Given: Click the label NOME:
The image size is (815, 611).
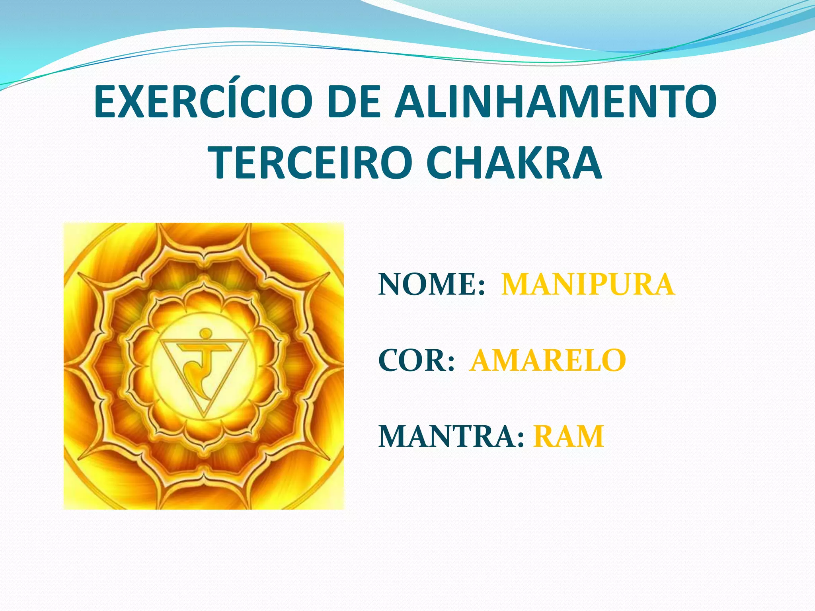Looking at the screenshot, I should click(x=432, y=285).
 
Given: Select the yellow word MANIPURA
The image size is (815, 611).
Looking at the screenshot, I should click(x=588, y=285).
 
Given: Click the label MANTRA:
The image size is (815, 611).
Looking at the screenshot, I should click(x=451, y=437).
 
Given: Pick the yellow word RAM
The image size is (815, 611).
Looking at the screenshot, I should click(x=569, y=437).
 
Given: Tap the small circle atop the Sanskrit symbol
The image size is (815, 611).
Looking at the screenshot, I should click(x=205, y=333).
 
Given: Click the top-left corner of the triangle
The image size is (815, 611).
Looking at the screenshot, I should click(x=161, y=341).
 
